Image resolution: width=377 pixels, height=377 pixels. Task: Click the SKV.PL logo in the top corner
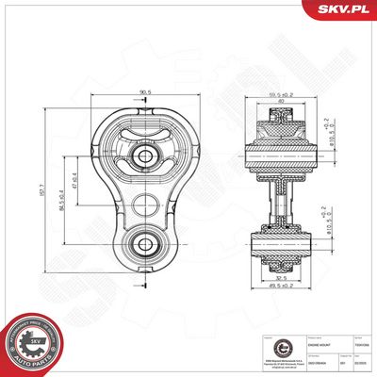point(345,9)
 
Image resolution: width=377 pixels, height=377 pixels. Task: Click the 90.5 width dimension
point(145,92)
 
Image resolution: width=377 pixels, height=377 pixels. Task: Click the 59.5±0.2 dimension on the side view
point(277,94)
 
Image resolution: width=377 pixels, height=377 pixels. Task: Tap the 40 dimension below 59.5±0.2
point(277,101)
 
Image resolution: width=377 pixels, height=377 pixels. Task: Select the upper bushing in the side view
point(279,151)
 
